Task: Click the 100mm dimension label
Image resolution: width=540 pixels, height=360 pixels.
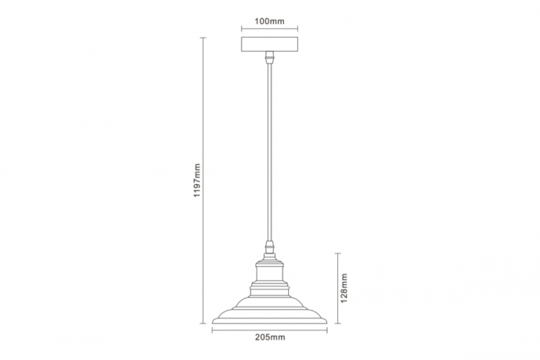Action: (x=270, y=21)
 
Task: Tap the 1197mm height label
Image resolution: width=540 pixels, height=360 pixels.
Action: (x=197, y=180)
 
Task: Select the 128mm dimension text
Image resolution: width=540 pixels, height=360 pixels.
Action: (x=344, y=288)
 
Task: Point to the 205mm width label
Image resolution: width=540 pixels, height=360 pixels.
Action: (x=270, y=337)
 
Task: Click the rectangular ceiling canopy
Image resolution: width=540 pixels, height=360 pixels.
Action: (x=270, y=44)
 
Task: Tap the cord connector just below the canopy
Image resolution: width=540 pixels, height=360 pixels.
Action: (x=270, y=57)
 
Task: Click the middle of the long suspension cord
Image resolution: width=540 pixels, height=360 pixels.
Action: (x=270, y=153)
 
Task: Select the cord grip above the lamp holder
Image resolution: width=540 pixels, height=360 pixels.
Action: (x=270, y=247)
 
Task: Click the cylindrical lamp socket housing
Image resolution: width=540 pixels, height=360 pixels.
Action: (x=270, y=272)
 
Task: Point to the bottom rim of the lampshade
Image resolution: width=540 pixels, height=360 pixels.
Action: (x=270, y=322)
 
